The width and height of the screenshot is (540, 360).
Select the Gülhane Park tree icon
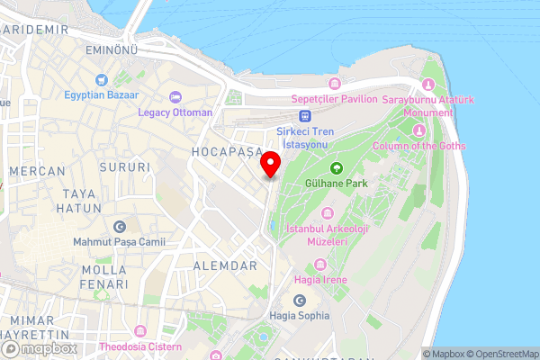(x=337, y=166)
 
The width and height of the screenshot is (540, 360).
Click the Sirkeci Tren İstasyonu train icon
(x=306, y=115)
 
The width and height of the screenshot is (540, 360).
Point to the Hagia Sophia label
(x=300, y=316)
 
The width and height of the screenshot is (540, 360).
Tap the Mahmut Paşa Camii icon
(x=120, y=226)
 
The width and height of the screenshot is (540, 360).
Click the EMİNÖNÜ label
(x=111, y=50)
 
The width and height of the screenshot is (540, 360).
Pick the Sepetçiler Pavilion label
(x=333, y=99)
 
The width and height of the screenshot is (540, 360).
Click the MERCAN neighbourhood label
(x=37, y=171)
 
